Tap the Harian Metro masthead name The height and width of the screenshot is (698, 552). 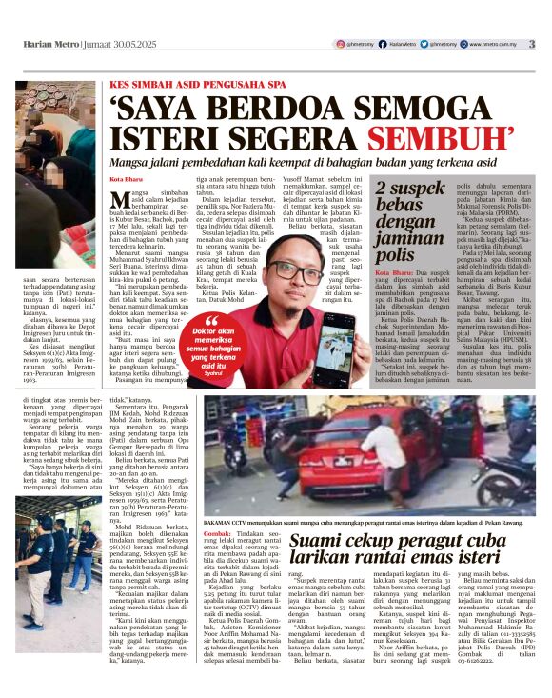[x=48, y=44]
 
